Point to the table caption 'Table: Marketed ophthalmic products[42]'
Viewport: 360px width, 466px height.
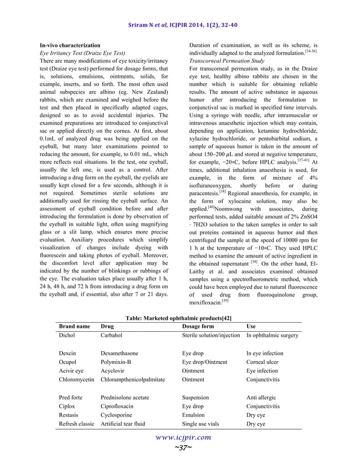click(x=179, y=318)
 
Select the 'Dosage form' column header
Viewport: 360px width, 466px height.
click(x=197, y=326)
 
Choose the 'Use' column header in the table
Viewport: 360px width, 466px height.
click(x=252, y=326)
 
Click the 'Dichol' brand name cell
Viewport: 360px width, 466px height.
click(x=67, y=335)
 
